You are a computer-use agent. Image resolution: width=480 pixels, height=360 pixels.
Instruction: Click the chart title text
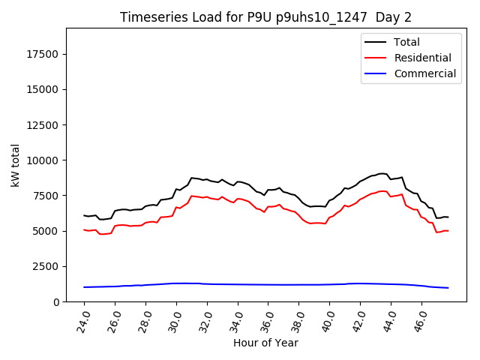pyautogui.click(x=266, y=17)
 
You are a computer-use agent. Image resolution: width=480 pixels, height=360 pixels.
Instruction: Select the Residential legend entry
pyautogui.click(x=422, y=58)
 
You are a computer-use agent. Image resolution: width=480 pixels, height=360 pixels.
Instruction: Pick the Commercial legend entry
pyautogui.click(x=424, y=73)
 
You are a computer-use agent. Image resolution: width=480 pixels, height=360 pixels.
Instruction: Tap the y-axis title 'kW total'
pyautogui.click(x=16, y=165)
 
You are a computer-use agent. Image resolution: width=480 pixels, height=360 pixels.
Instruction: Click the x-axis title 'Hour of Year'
pyautogui.click(x=265, y=343)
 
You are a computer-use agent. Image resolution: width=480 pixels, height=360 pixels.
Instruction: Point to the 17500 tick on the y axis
pyautogui.click(x=43, y=54)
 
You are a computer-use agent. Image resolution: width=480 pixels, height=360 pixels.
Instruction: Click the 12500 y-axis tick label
pyautogui.click(x=43, y=124)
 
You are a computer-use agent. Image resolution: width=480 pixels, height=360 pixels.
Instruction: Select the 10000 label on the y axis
pyautogui.click(x=43, y=160)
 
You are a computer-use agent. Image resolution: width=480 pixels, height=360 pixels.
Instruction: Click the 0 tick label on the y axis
pyautogui.click(x=57, y=301)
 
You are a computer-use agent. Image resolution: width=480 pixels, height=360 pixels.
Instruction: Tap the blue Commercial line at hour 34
pyautogui.click(x=238, y=284)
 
